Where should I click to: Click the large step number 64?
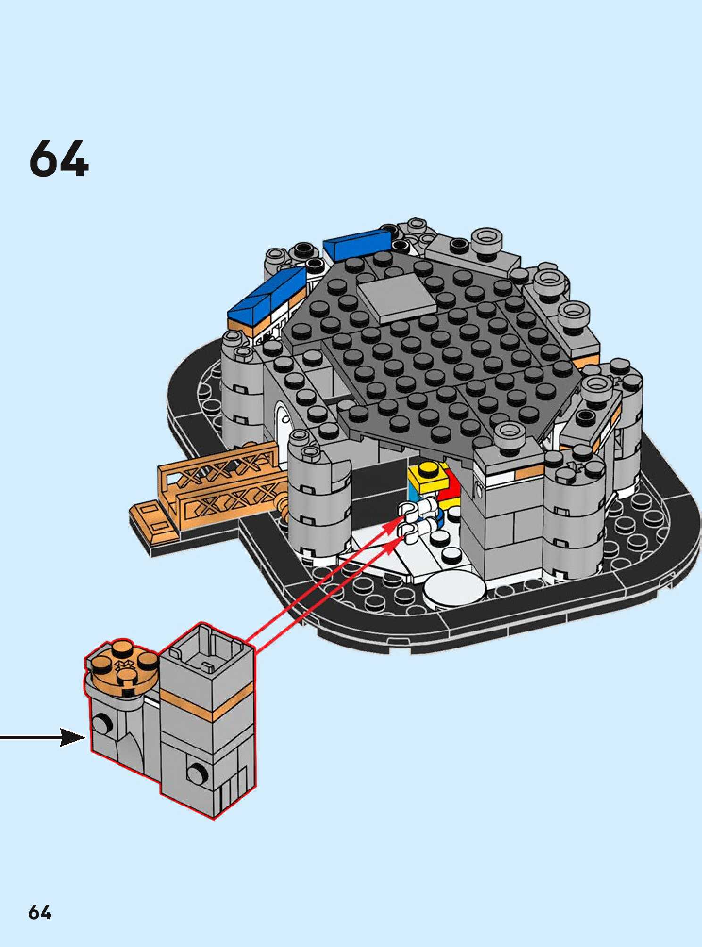(x=58, y=158)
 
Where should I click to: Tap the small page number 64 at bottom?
(x=40, y=913)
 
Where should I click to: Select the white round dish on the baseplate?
(x=454, y=590)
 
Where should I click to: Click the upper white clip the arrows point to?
(x=409, y=510)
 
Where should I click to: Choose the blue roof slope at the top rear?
(x=358, y=244)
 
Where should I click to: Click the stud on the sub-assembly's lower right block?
(x=194, y=773)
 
